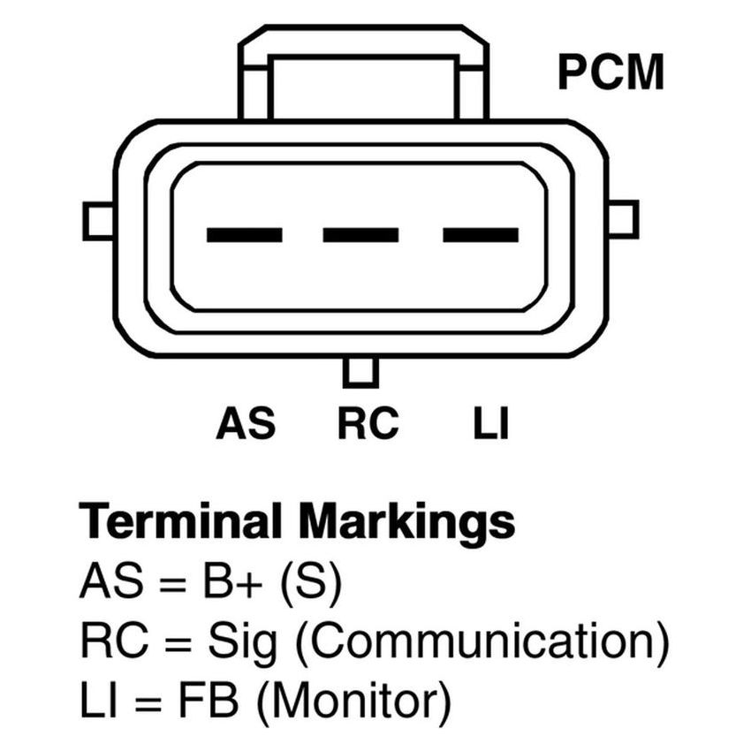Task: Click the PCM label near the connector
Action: pos(610,73)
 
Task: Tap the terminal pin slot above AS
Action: pos(244,235)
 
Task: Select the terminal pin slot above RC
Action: pos(360,235)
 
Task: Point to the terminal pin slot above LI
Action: pos(480,235)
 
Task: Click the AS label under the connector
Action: pos(246,423)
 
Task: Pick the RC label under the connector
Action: pos(368,423)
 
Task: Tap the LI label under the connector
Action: pos(491,423)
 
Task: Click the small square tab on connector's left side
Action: pos(98,220)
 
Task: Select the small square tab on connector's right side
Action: pos(623,218)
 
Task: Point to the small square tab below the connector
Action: pos(360,370)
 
